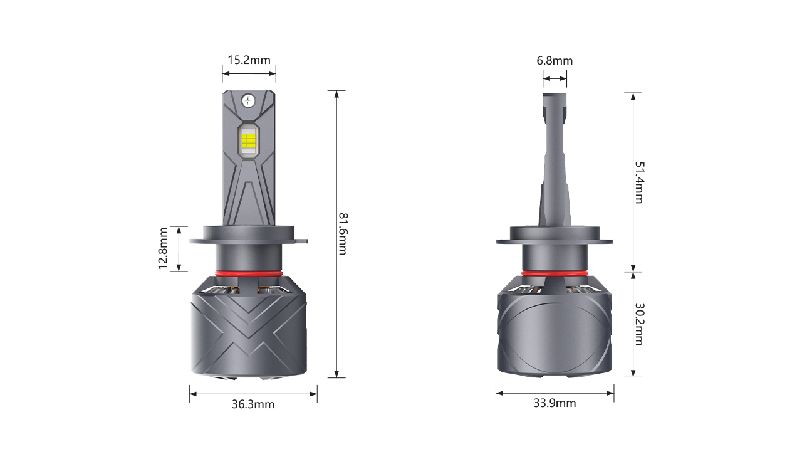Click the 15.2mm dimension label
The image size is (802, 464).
pyautogui.click(x=249, y=60)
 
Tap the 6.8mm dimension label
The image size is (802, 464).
pyautogui.click(x=555, y=61)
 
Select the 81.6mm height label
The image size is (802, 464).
pyautogui.click(x=343, y=234)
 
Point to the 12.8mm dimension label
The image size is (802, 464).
pyautogui.click(x=163, y=248)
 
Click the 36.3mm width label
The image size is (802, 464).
pyautogui.click(x=253, y=404)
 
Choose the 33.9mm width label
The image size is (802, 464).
pyautogui.click(x=555, y=403)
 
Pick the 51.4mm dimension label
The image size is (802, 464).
pyautogui.click(x=639, y=182)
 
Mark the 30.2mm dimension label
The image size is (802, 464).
pyautogui.click(x=639, y=324)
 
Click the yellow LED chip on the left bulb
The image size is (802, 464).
pyautogui.click(x=249, y=141)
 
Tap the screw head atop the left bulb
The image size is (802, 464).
pyautogui.click(x=249, y=101)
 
